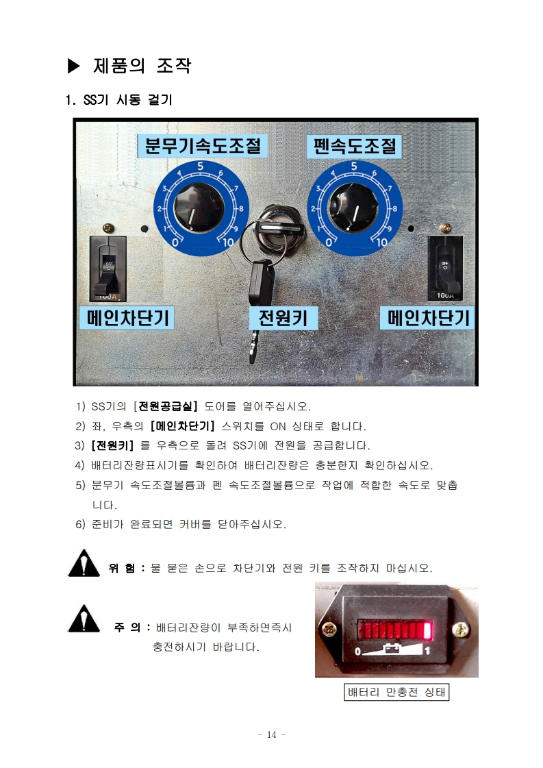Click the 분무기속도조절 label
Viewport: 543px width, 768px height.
pyautogui.click(x=202, y=146)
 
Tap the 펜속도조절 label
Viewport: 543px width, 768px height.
pyautogui.click(x=354, y=147)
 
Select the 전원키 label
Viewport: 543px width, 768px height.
pyautogui.click(x=283, y=319)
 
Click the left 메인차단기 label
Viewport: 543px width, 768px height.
pyautogui.click(x=127, y=318)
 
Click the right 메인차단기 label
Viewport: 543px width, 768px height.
pyautogui.click(x=427, y=319)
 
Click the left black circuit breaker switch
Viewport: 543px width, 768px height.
pyautogui.click(x=108, y=269)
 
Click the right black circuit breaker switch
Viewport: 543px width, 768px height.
pyautogui.click(x=445, y=268)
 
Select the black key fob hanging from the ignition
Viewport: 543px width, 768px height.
pyautogui.click(x=261, y=283)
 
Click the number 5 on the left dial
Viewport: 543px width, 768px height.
pyautogui.click(x=200, y=166)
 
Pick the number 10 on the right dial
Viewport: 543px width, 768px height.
pyautogui.click(x=382, y=242)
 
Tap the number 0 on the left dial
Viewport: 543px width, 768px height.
pyautogui.click(x=175, y=242)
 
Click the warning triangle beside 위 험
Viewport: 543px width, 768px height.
pyautogui.click(x=84, y=563)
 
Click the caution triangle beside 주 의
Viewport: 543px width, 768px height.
pyautogui.click(x=84, y=619)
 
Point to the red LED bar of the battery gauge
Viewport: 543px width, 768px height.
pyautogui.click(x=395, y=630)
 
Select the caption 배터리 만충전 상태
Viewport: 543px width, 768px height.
pyautogui.click(x=396, y=692)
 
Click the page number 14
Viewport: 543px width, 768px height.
pyautogui.click(x=272, y=734)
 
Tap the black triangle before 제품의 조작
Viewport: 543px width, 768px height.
pyautogui.click(x=73, y=66)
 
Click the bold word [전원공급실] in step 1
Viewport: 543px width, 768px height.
pyautogui.click(x=165, y=406)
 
